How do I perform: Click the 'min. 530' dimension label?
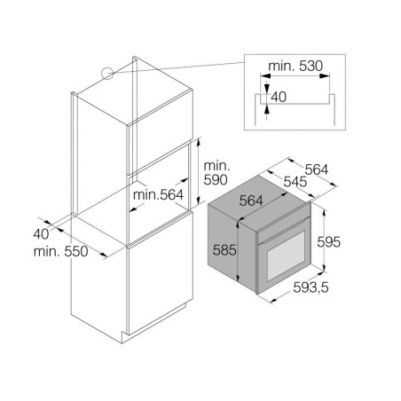[295, 66]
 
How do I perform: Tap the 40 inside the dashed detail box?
[279, 97]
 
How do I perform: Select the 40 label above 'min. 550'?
[41, 234]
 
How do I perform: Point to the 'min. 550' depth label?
[60, 252]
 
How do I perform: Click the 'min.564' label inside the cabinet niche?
[158, 195]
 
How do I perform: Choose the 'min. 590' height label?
[216, 173]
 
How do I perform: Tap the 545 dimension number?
[295, 182]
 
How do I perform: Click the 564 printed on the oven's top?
[251, 200]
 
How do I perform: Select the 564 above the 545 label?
[317, 169]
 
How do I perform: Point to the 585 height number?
[224, 250]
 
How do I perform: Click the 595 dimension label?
[328, 242]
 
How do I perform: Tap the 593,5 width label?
[311, 287]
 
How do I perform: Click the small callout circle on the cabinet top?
[107, 74]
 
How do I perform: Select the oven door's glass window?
[286, 256]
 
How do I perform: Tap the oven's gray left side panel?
[232, 248]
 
